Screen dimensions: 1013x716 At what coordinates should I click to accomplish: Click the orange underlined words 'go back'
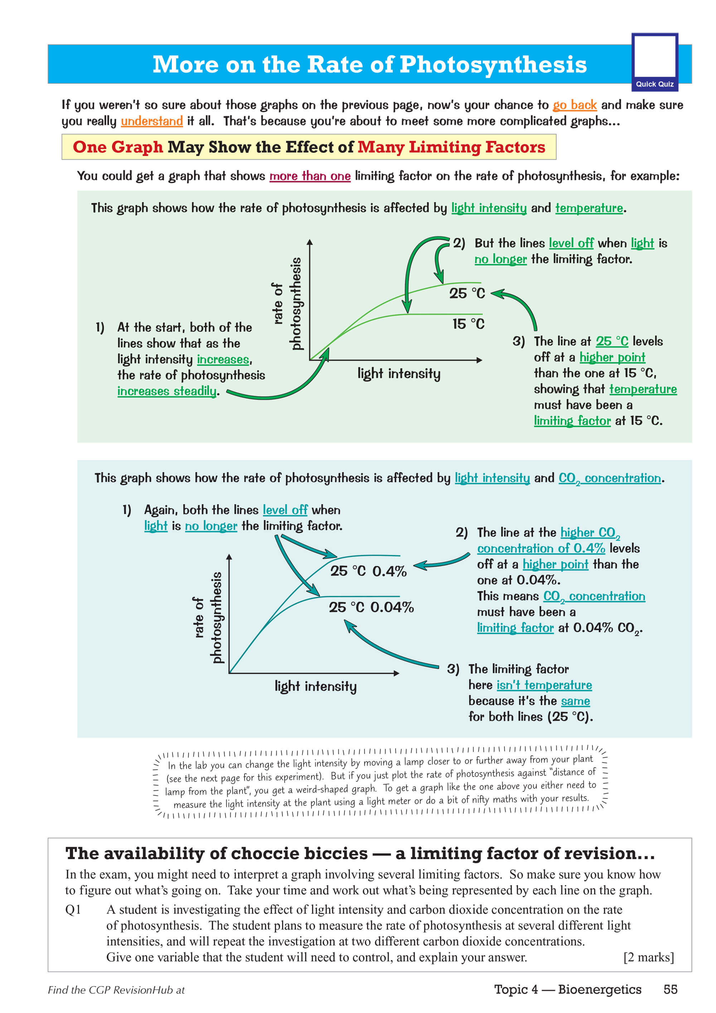(574, 105)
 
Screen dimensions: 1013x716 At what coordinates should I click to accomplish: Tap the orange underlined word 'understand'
(152, 121)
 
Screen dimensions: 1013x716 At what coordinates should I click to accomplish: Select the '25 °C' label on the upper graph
(467, 293)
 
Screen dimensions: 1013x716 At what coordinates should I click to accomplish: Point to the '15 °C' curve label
(468, 324)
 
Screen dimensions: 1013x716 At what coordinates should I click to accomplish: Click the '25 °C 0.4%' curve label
(368, 571)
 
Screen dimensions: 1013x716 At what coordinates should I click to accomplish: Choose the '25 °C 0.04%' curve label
(371, 608)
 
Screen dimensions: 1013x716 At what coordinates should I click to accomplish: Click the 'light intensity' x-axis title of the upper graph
(399, 374)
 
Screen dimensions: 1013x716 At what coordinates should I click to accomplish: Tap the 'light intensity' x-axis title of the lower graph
(315, 686)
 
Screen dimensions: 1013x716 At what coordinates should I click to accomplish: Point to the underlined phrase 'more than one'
(310, 176)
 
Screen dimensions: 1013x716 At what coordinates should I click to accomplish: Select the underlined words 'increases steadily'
(167, 391)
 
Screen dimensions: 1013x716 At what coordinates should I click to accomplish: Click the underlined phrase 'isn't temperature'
(544, 685)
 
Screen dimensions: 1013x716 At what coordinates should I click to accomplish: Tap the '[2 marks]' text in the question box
(648, 957)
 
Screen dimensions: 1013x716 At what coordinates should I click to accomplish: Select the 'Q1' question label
(73, 910)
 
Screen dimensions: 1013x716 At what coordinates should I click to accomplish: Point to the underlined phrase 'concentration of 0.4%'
(541, 549)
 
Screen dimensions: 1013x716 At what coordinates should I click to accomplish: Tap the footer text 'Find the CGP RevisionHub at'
(116, 990)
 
